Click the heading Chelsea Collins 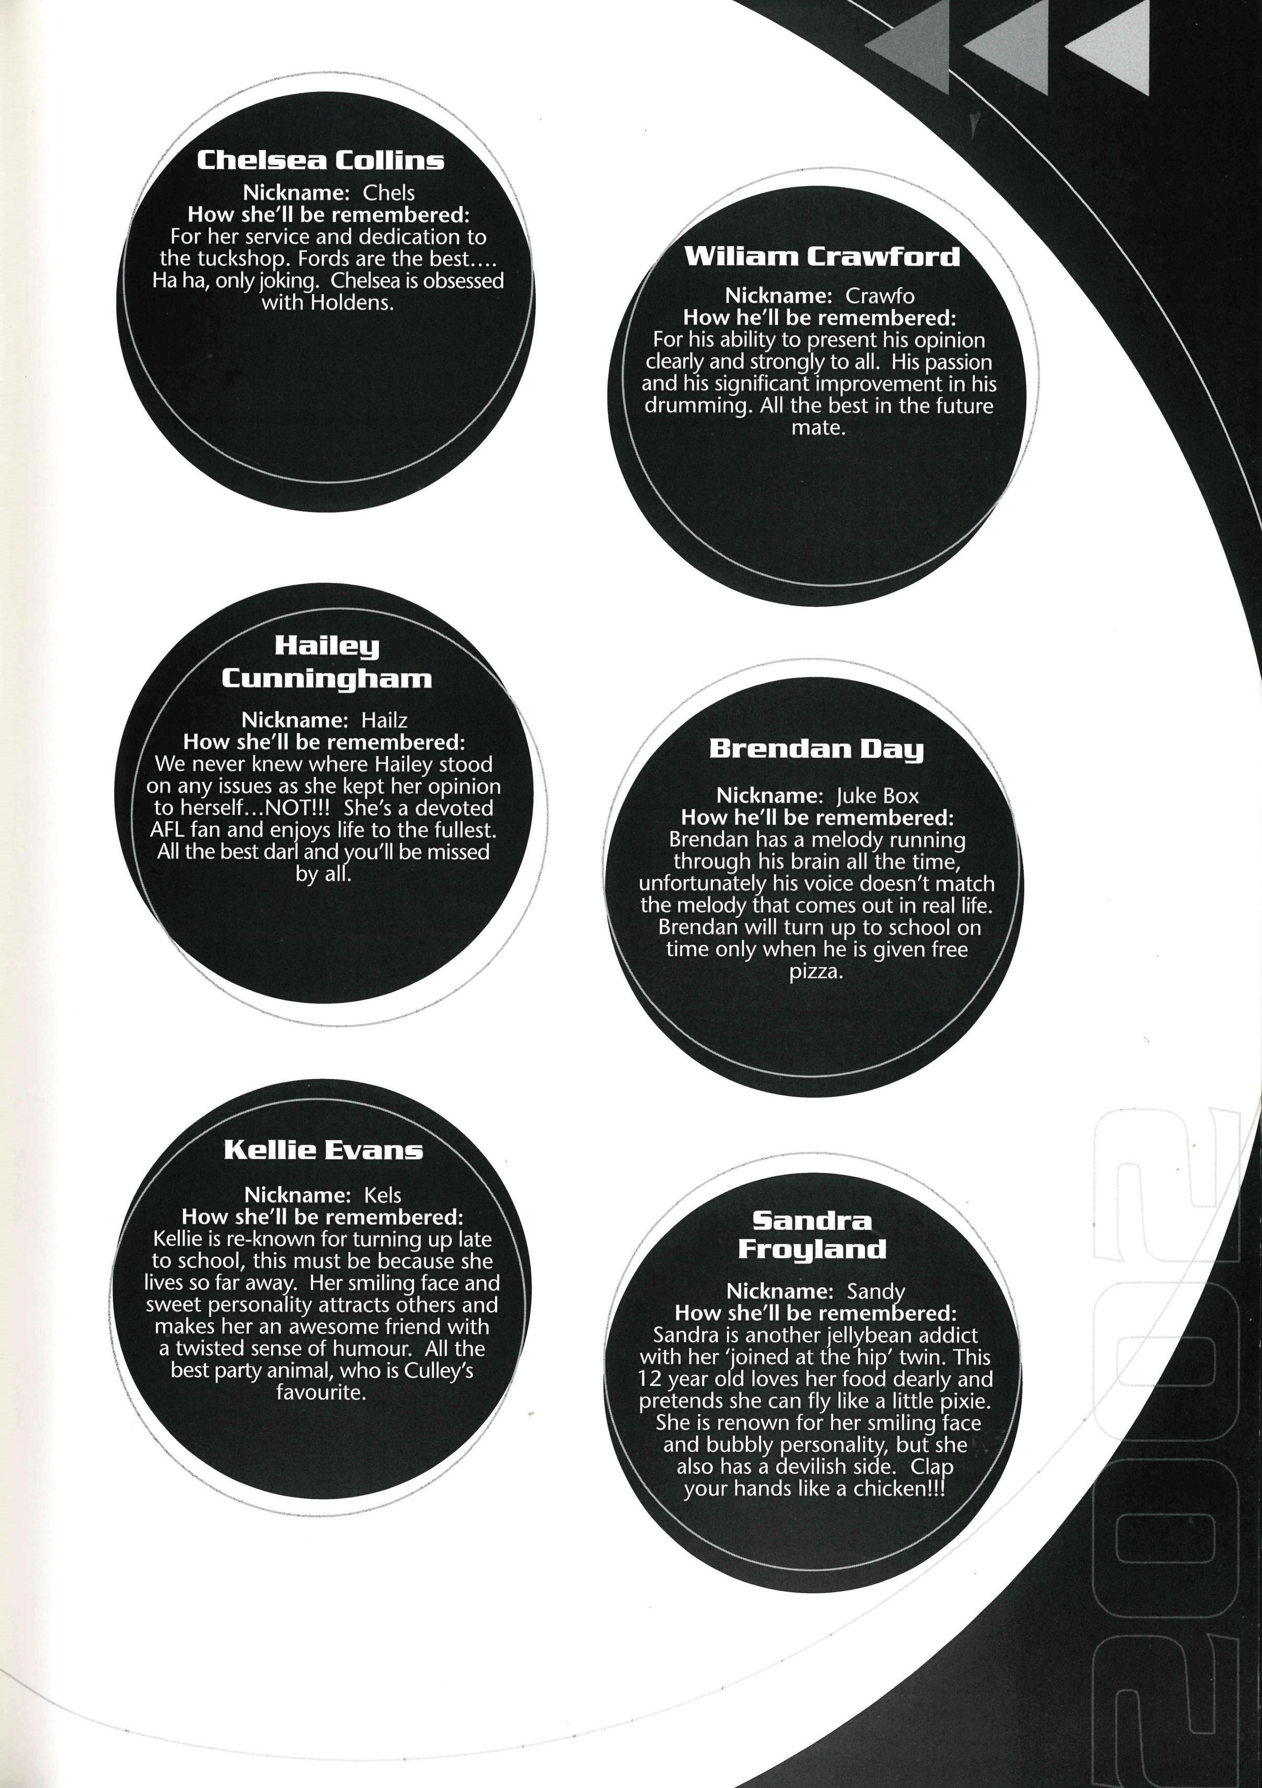click(x=320, y=161)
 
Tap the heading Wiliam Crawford click(x=821, y=257)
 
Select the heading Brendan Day click(x=816, y=749)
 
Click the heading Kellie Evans click(x=323, y=1150)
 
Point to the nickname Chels click(x=389, y=193)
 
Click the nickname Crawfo click(x=880, y=296)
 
